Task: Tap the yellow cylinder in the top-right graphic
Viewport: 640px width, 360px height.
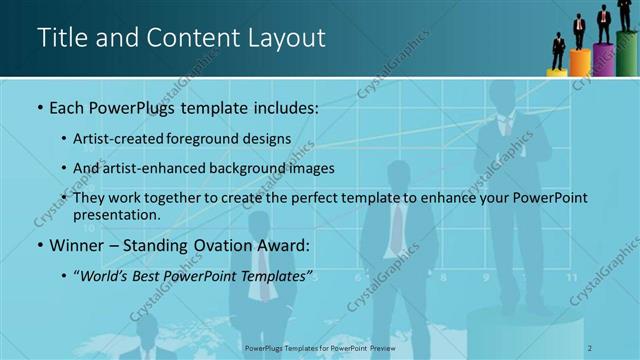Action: [x=557, y=72]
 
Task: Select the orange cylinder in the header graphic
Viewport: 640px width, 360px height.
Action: [x=580, y=63]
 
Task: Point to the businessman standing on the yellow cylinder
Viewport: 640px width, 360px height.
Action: [x=558, y=51]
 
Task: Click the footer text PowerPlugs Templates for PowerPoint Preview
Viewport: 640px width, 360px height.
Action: [x=320, y=347]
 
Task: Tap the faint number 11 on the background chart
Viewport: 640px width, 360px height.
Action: [x=571, y=278]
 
